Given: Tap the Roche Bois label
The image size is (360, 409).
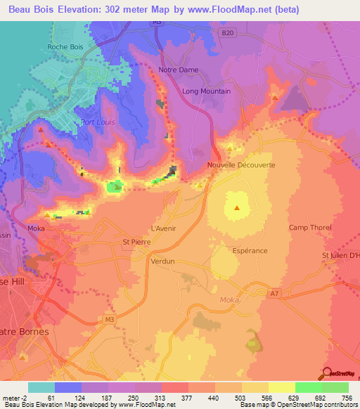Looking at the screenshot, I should [66, 47].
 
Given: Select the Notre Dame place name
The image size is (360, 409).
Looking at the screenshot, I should [179, 70].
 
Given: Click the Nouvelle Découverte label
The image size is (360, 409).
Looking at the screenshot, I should [241, 165].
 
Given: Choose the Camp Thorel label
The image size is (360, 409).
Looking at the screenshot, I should [309, 227].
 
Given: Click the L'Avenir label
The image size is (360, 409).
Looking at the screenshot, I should [164, 228].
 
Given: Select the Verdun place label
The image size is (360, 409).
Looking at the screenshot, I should [162, 260].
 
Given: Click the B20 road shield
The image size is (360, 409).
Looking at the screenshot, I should [226, 32].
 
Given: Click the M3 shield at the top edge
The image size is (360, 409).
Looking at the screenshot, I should [157, 23].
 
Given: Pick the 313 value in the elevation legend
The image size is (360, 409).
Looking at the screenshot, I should [148, 398].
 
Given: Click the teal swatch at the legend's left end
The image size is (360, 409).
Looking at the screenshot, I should [41, 387].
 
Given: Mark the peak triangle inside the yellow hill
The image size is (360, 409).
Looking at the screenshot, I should [236, 207].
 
